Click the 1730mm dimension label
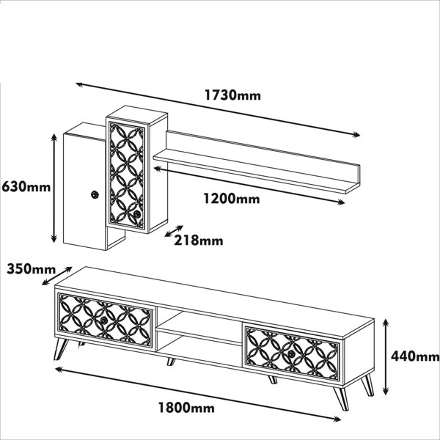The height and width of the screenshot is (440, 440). tap(232, 95)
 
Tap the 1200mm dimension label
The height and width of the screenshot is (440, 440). tap(232, 199)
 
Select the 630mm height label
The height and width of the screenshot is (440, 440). tap(26, 187)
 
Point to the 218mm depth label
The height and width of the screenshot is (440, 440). tap(199, 241)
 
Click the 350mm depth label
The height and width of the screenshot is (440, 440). tap(31, 269)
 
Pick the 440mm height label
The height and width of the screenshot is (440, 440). tap(415, 356)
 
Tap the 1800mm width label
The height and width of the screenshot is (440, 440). tap(186, 408)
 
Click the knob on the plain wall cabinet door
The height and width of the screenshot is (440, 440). tap(95, 195)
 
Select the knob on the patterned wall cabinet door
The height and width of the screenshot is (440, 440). tap(137, 215)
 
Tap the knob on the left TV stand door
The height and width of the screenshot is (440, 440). tap(104, 320)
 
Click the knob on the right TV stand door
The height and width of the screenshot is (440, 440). tap(291, 353)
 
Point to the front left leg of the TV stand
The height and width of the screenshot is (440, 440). tap(61, 349)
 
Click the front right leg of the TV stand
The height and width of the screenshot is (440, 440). tap(342, 398)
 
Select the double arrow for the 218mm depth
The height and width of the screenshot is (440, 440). tap(174, 231)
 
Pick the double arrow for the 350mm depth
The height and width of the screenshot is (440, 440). tap(57, 276)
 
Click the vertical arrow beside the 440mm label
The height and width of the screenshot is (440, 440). tap(386, 357)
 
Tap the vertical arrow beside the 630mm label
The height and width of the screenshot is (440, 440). tap(54, 188)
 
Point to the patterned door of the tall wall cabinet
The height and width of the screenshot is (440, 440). tap(127, 175)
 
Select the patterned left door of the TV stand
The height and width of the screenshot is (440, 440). tap(105, 320)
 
